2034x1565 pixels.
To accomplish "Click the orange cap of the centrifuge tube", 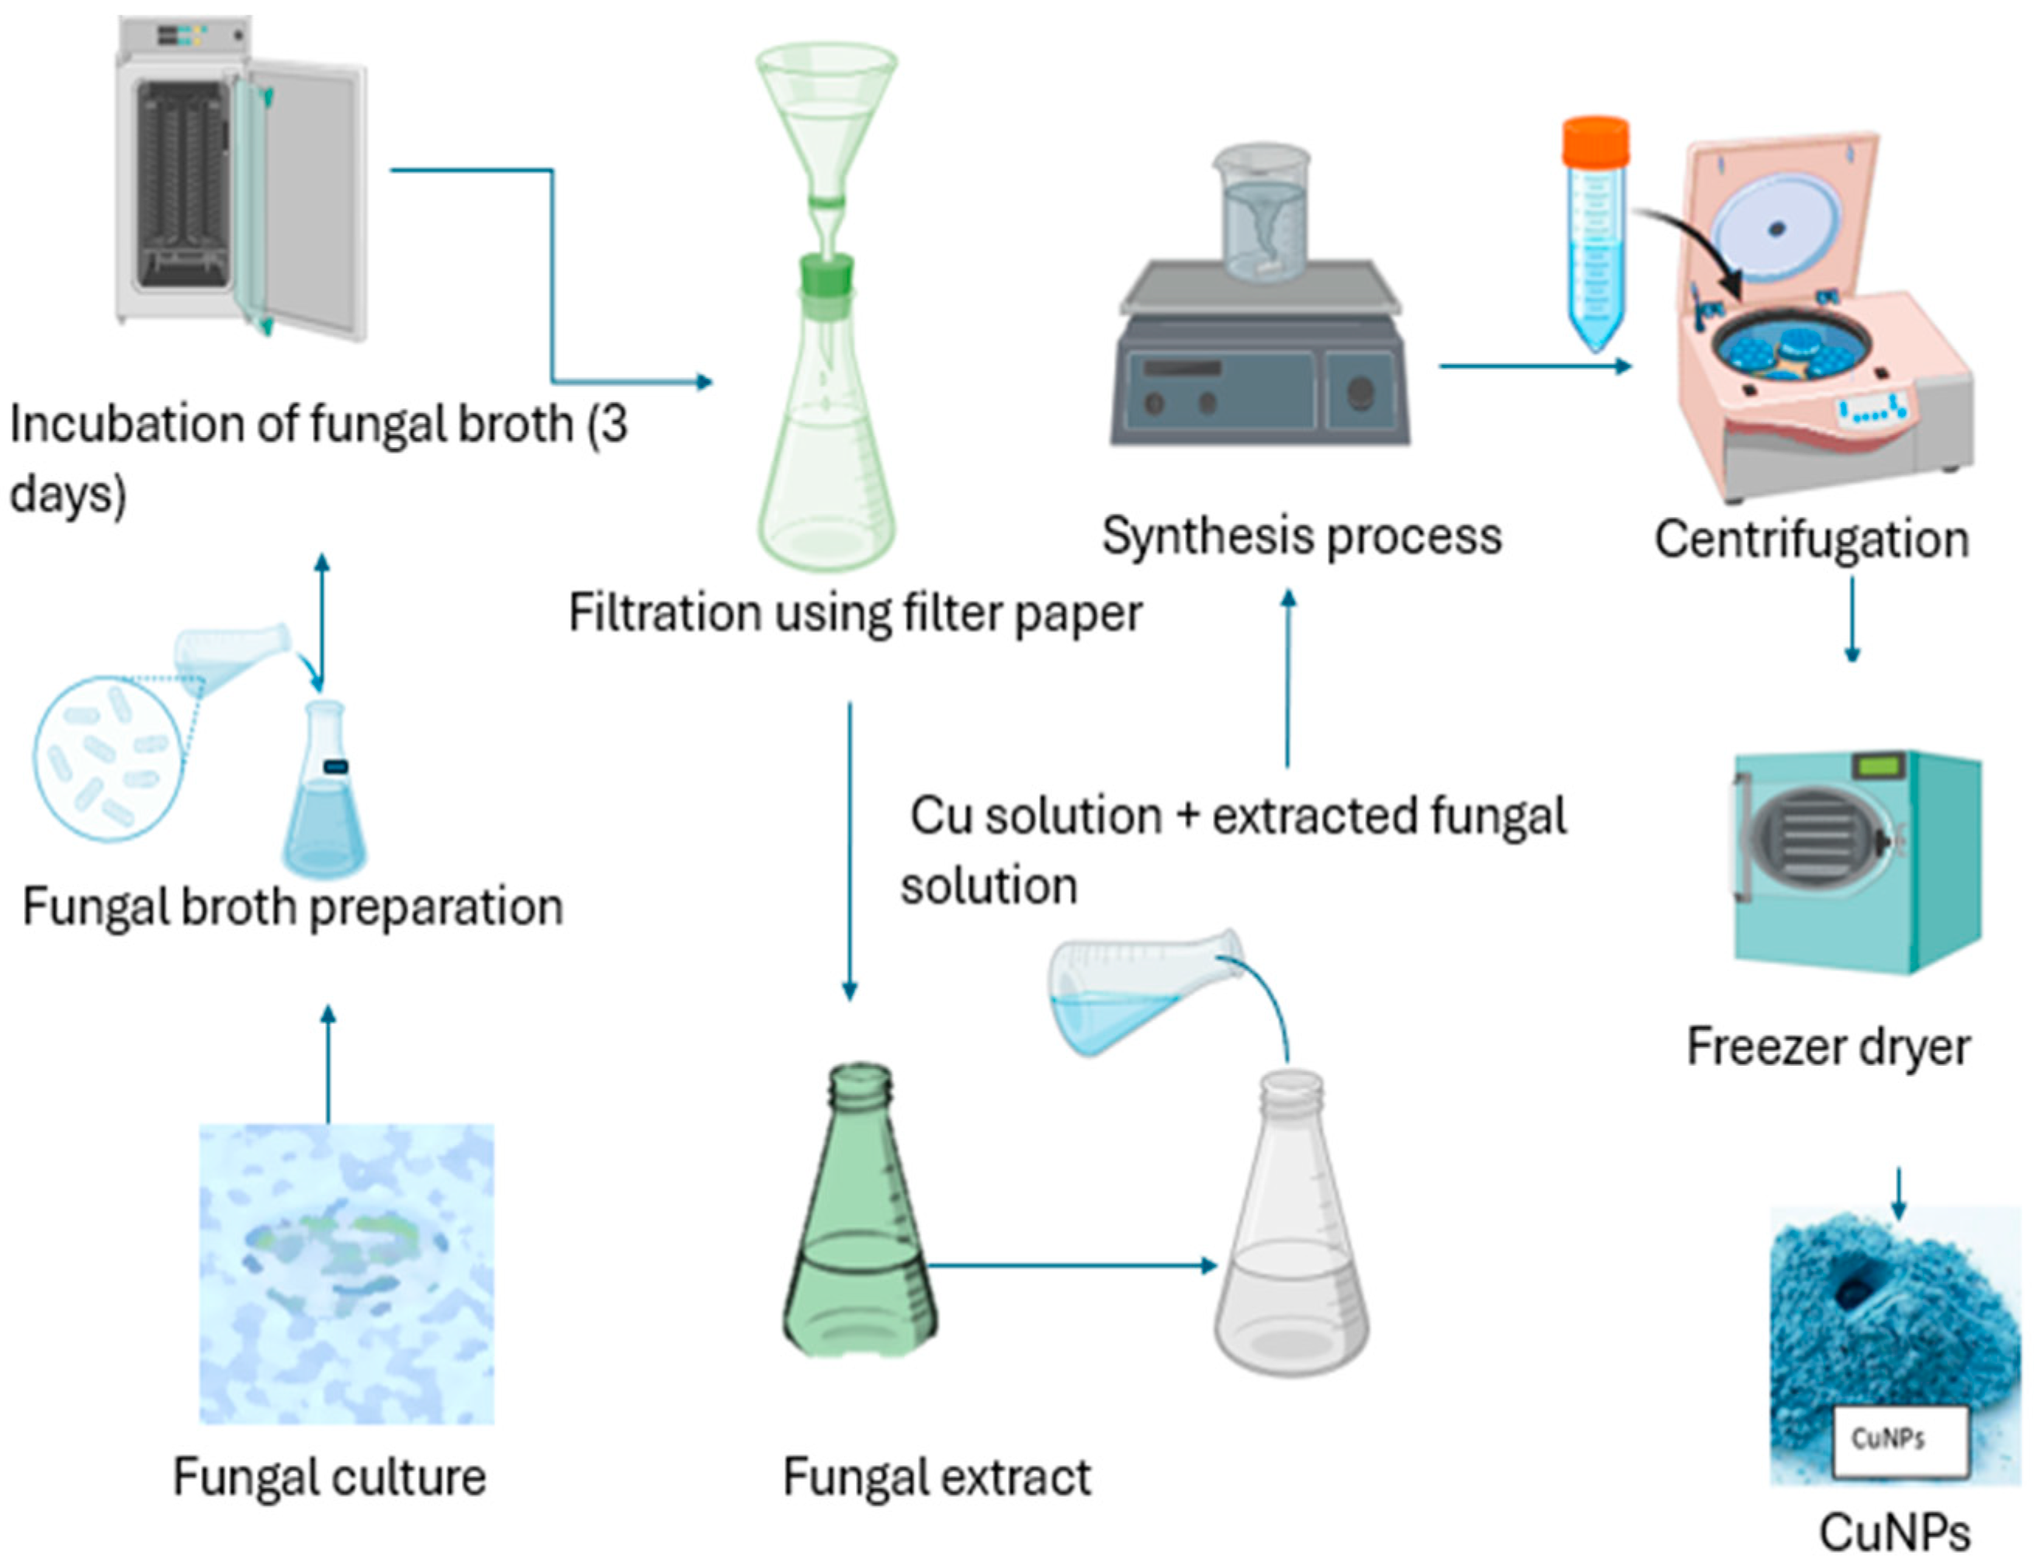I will click(x=1596, y=141).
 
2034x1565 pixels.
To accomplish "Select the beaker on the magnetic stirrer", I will click(x=1262, y=214).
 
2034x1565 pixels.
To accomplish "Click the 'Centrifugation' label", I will click(x=1811, y=540).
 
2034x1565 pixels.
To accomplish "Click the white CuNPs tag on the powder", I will click(x=1899, y=1440).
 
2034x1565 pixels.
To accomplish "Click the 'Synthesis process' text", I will click(x=1302, y=536).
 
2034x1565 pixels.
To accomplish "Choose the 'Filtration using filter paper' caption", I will click(x=855, y=613).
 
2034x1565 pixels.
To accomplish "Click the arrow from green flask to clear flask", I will click(x=1071, y=1265).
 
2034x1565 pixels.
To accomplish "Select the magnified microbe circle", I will click(x=107, y=760).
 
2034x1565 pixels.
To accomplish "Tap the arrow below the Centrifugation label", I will click(x=1852, y=619).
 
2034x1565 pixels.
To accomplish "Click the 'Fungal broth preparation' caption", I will click(x=293, y=907).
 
